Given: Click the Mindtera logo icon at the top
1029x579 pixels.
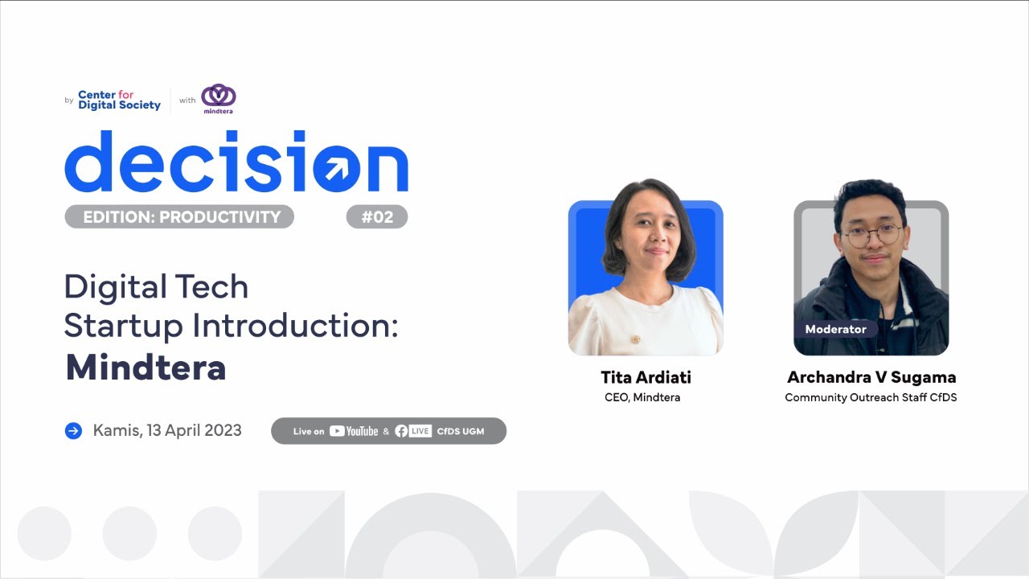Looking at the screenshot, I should coord(218,96).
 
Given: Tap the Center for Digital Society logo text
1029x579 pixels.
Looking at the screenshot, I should coord(119,100).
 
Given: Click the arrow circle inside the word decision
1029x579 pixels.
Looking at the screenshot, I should coord(332,167).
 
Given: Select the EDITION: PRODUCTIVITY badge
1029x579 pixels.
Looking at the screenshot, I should coord(179,217).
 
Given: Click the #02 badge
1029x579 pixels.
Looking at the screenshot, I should coord(377,217).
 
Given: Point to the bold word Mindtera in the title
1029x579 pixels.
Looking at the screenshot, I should coord(146,368).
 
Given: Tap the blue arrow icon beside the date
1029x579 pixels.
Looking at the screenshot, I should coord(73,431).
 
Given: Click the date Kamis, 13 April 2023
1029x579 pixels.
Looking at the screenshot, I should coord(167,430).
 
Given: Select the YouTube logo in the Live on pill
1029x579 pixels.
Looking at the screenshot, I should coord(354,431).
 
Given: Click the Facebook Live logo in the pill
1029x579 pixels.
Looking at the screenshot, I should coord(413,431).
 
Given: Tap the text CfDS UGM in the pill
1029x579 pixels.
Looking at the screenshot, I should coord(461,431).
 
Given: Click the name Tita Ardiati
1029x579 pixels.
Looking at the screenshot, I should coord(646,377).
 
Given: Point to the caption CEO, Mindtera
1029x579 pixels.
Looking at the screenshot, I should coord(642,397).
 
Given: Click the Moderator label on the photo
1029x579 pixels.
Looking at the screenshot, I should coord(835,329).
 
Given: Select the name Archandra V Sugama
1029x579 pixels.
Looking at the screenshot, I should coord(871,377).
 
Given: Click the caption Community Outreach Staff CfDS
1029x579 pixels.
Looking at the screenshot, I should coord(871,397).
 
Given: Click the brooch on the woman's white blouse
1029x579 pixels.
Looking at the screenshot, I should coord(634,339).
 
